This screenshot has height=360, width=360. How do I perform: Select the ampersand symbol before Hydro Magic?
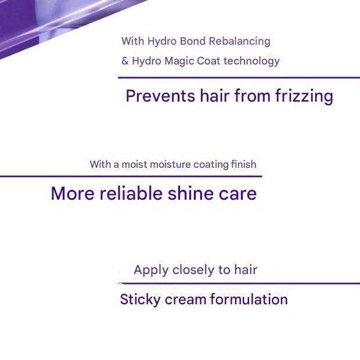pyautogui.click(x=125, y=60)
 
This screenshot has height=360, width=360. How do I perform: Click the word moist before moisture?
pyautogui.click(x=134, y=164)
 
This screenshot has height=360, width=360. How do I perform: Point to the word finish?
pyautogui.click(x=244, y=164)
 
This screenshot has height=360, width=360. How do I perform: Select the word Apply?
pyautogui.click(x=151, y=270)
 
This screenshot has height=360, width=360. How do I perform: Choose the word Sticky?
pyautogui.click(x=139, y=300)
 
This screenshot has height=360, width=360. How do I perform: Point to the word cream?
pyautogui.click(x=185, y=300)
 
